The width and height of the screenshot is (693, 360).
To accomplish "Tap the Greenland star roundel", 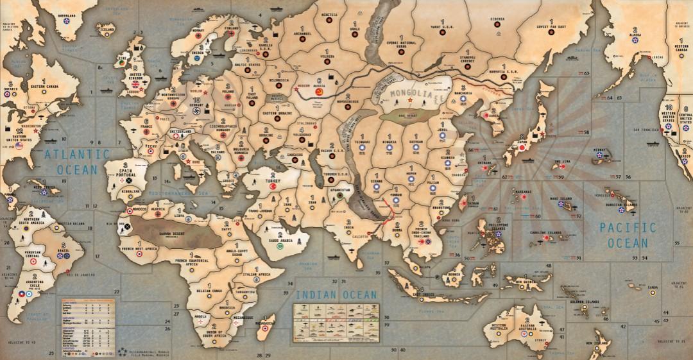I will [67, 21].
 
